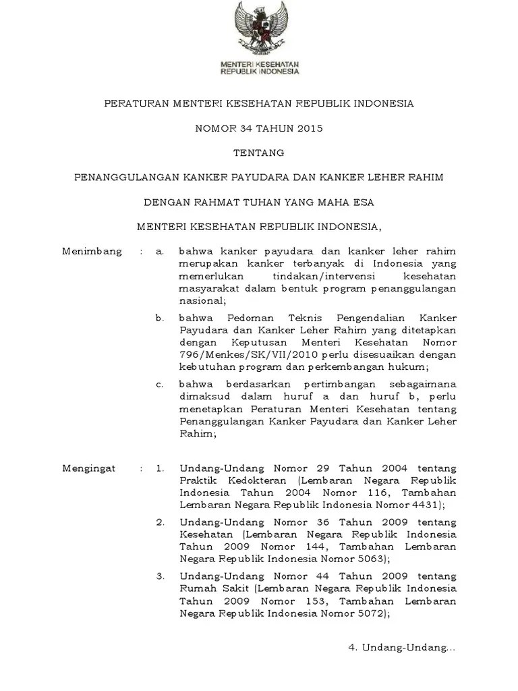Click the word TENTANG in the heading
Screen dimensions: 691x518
point(259,153)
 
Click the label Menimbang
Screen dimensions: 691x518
point(92,252)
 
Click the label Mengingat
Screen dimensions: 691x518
point(89,468)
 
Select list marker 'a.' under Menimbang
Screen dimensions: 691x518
point(160,252)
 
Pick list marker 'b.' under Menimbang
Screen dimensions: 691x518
point(160,317)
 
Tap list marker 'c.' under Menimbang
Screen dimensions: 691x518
point(160,384)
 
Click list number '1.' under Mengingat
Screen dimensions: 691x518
point(160,468)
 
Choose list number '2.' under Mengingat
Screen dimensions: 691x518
point(160,522)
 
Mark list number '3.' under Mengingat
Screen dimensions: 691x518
point(160,577)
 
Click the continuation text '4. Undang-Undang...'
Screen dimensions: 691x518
point(402,648)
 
